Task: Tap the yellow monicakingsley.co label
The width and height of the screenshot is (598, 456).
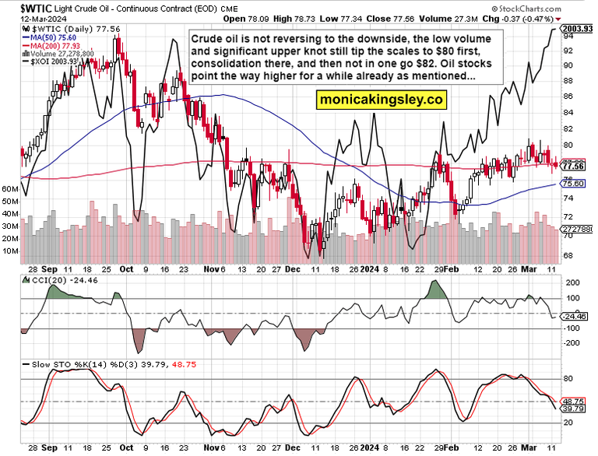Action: [381, 100]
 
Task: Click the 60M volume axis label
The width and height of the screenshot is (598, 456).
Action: [10, 189]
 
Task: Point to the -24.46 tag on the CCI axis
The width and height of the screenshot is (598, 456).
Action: [576, 316]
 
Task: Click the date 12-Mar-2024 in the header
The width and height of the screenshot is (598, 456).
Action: [26, 19]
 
